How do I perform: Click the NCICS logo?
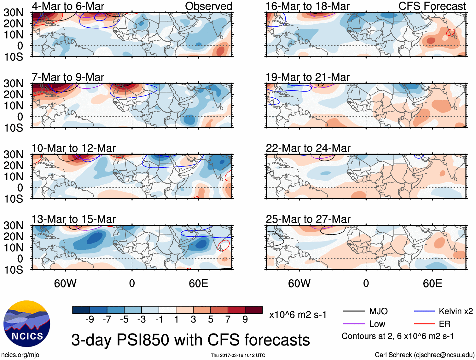[27, 324]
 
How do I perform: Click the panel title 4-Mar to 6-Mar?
[68, 6]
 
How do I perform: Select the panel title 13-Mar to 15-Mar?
[73, 219]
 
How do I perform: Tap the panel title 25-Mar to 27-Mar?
[308, 219]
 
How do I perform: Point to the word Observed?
[208, 6]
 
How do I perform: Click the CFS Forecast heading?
[432, 6]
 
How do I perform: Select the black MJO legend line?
[354, 311]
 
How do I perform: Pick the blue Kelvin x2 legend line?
[424, 311]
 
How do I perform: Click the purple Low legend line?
[354, 324]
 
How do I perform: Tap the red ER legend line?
[424, 324]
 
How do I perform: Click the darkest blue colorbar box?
[81, 310]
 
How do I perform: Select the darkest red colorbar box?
[254, 310]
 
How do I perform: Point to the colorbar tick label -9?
[90, 320]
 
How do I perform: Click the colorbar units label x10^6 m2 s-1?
[298, 315]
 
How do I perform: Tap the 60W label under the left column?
[65, 283]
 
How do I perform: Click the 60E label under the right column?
[432, 283]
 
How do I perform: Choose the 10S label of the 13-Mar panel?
[13, 270]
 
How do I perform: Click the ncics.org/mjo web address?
[20, 355]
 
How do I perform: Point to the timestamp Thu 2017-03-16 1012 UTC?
[238, 355]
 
